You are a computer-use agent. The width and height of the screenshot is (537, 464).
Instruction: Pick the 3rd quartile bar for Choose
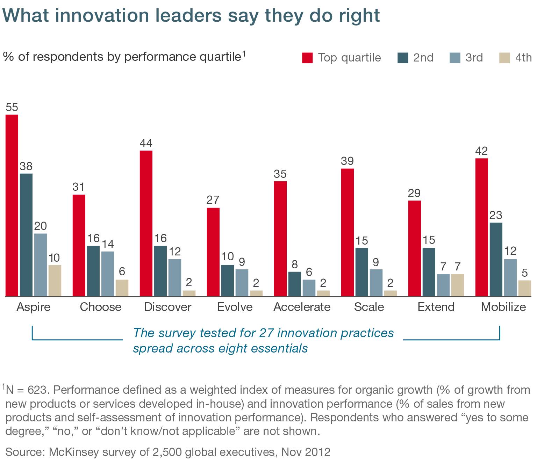coord(108,274)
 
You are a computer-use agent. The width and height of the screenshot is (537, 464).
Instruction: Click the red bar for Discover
coord(146,224)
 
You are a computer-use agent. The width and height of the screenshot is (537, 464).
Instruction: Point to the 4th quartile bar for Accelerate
coord(323,293)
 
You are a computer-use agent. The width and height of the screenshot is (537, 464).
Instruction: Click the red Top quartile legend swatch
coord(307,58)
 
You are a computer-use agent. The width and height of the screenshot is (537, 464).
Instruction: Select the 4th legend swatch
coord(504,58)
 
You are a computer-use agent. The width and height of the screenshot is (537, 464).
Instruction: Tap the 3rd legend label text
coord(474,58)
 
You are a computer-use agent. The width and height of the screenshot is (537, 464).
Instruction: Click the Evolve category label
coord(235,307)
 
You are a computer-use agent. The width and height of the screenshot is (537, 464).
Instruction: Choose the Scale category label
coord(369,307)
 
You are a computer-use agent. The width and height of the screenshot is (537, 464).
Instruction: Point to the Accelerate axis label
coord(302,307)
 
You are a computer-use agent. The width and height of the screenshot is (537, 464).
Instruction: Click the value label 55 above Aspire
coord(12,107)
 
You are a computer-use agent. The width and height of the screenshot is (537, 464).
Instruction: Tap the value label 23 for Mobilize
coord(496,215)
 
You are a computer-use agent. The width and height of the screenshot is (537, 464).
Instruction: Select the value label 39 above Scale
coord(347,161)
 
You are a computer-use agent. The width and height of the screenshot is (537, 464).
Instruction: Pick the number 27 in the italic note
coord(266,333)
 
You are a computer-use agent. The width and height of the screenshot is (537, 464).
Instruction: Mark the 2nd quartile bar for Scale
coord(361,272)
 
